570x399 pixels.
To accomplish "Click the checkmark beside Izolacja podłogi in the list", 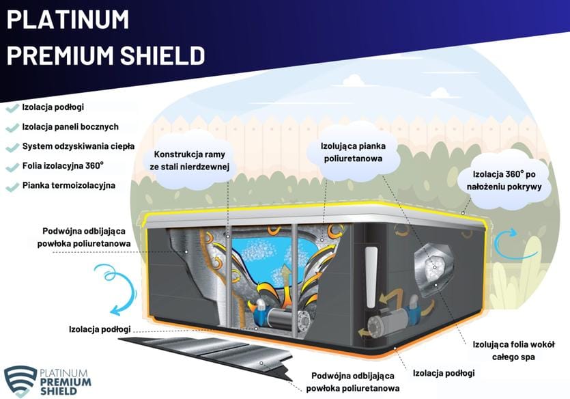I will coord(12,107).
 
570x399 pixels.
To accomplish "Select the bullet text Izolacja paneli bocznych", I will coord(70,126).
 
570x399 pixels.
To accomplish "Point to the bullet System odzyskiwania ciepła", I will coord(78,146).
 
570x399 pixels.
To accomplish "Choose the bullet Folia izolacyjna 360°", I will coord(63,165).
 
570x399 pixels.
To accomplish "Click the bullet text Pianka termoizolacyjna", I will coord(68,185).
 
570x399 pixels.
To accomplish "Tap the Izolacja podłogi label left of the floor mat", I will coord(100,329).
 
